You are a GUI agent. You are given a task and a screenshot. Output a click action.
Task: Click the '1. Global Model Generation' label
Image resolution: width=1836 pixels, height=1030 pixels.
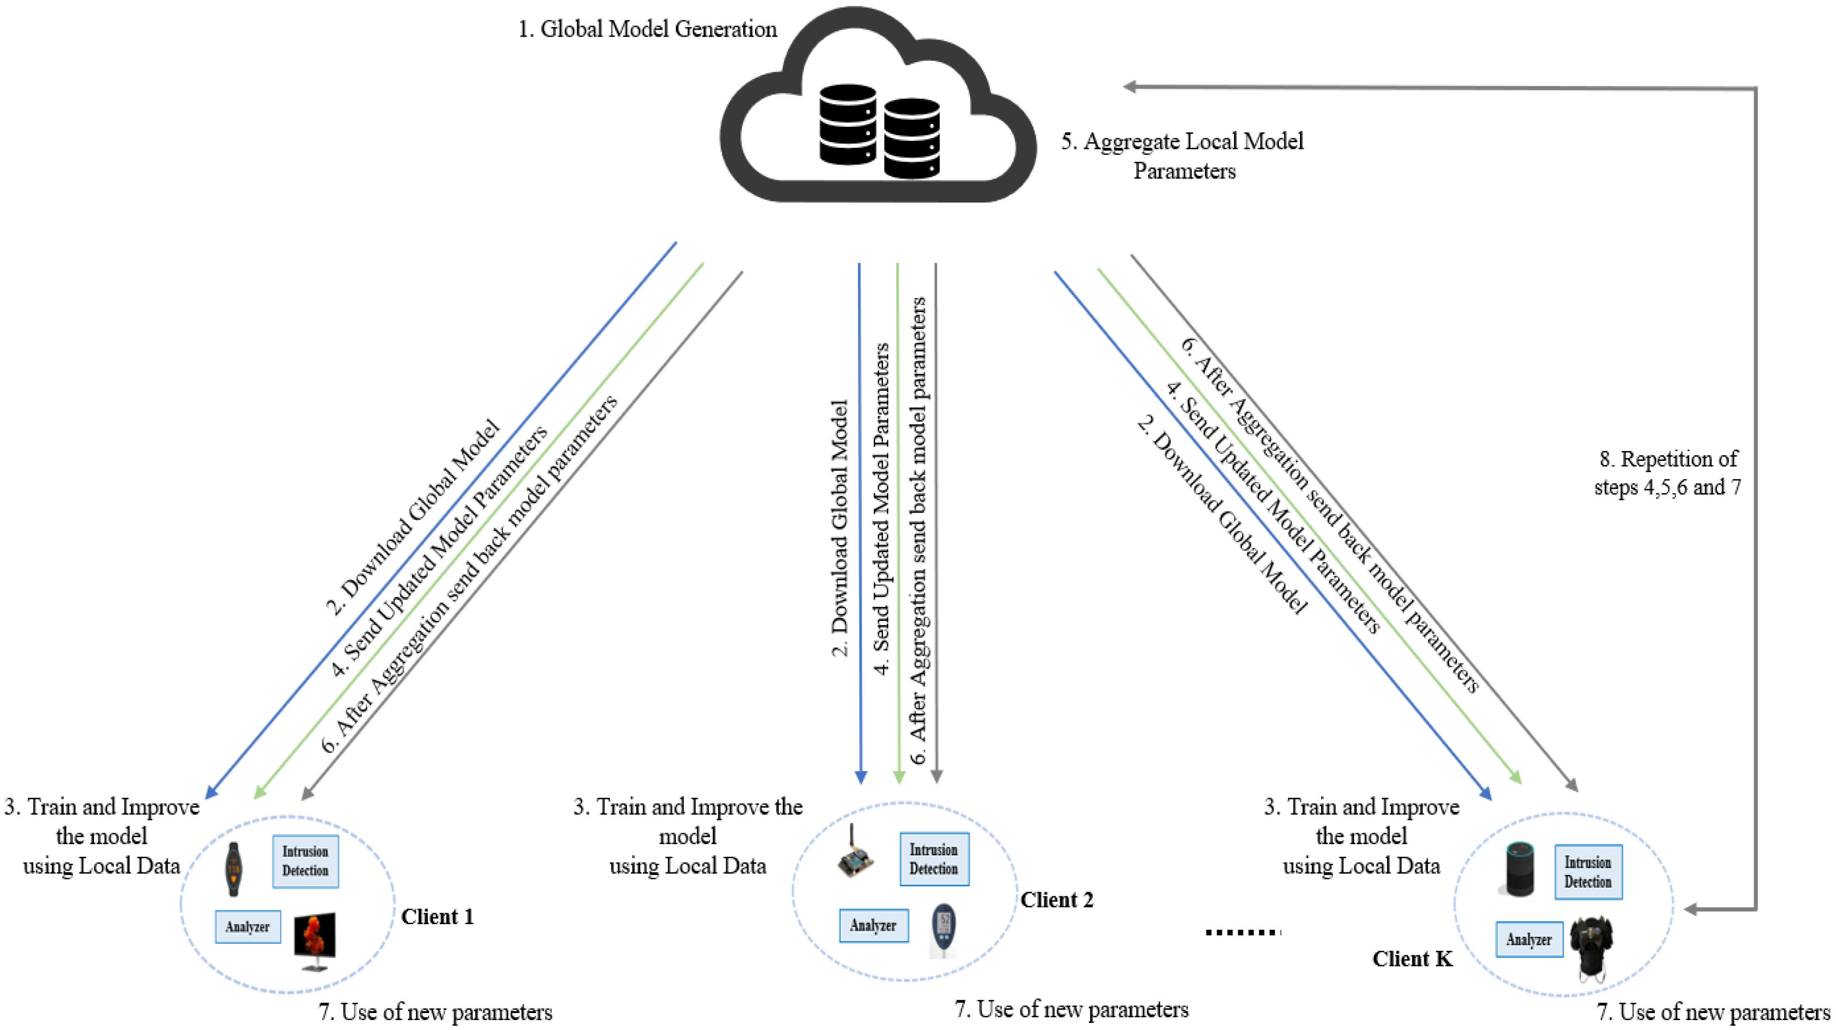(x=647, y=29)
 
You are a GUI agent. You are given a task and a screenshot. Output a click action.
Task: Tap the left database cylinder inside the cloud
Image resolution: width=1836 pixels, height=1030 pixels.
(x=848, y=125)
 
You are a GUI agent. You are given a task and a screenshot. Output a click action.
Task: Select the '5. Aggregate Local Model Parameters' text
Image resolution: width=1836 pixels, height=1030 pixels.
(x=1182, y=155)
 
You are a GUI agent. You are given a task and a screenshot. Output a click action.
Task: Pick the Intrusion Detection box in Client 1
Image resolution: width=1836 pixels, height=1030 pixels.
(x=305, y=861)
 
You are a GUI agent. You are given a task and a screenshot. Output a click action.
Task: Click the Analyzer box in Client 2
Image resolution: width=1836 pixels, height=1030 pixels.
(x=873, y=925)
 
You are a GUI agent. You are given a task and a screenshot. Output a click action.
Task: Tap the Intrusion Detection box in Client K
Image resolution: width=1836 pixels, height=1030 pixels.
(x=1588, y=872)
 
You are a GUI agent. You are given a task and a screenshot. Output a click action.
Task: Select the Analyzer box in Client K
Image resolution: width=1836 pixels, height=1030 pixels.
(x=1529, y=940)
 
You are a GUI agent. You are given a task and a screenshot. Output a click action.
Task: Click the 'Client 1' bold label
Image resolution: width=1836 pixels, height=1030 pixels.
(x=437, y=917)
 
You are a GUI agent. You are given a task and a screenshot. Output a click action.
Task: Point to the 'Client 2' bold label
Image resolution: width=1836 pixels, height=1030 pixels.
(x=1056, y=900)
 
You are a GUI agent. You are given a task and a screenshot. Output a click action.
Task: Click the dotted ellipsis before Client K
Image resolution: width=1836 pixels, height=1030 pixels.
(x=1243, y=932)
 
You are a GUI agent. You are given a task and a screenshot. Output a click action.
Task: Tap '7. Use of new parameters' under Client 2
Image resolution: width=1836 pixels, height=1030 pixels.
(x=1071, y=1009)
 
